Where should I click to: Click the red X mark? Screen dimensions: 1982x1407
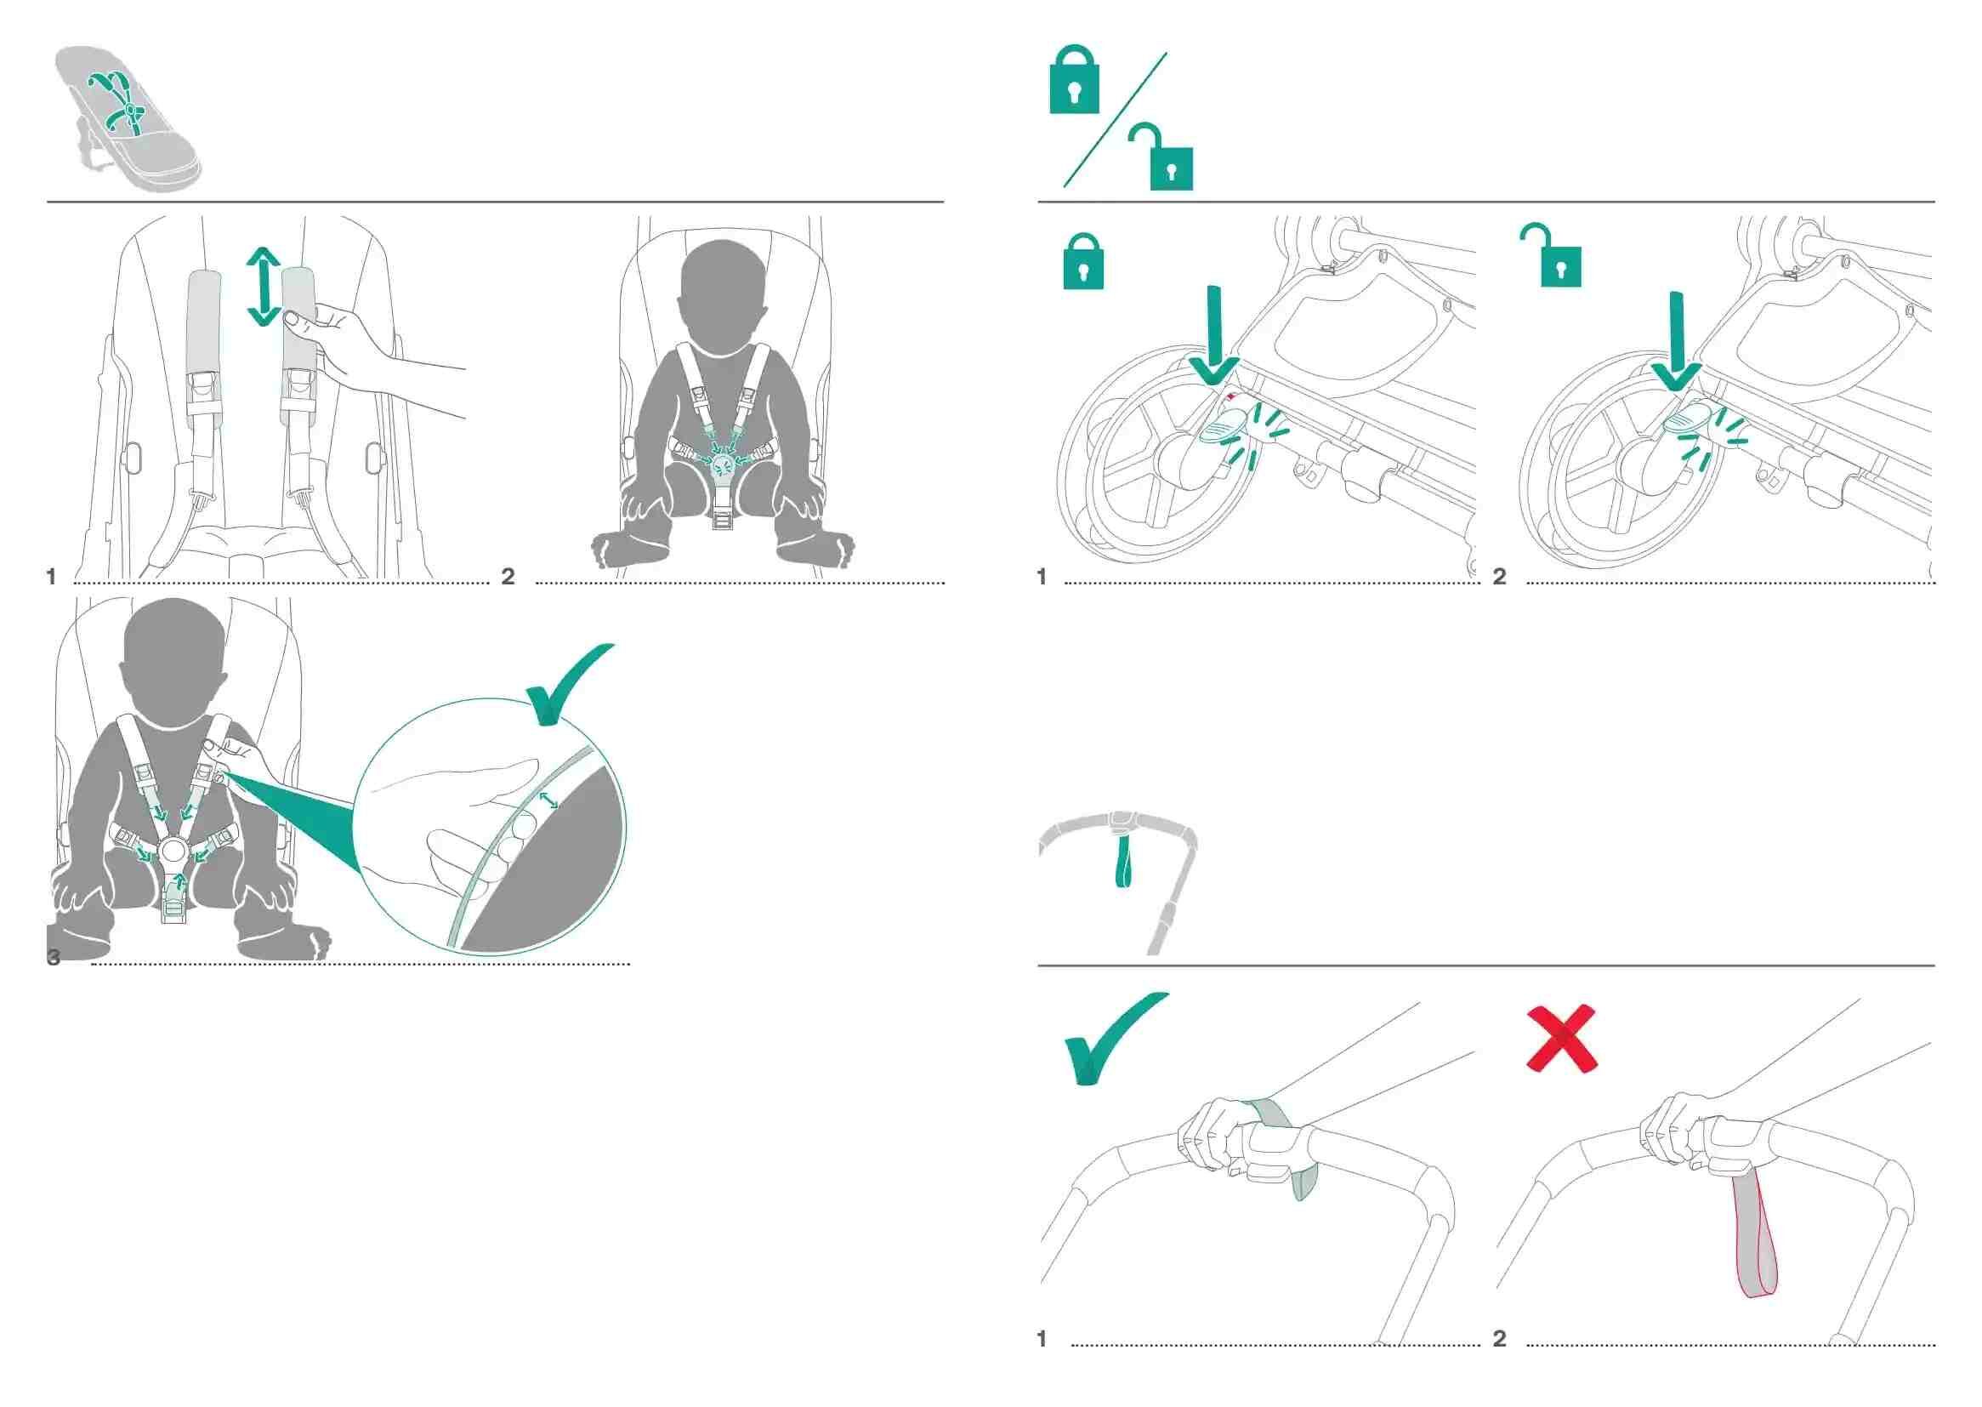1561,1038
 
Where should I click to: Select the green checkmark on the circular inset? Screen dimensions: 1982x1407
567,683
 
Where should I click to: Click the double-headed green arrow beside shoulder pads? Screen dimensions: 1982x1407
264,287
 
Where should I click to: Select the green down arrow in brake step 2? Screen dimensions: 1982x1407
1677,340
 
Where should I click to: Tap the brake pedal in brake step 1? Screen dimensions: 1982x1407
1220,428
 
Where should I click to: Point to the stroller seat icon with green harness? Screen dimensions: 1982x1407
128,117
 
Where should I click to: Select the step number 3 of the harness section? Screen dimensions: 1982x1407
54,957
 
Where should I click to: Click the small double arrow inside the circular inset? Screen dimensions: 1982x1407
548,799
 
